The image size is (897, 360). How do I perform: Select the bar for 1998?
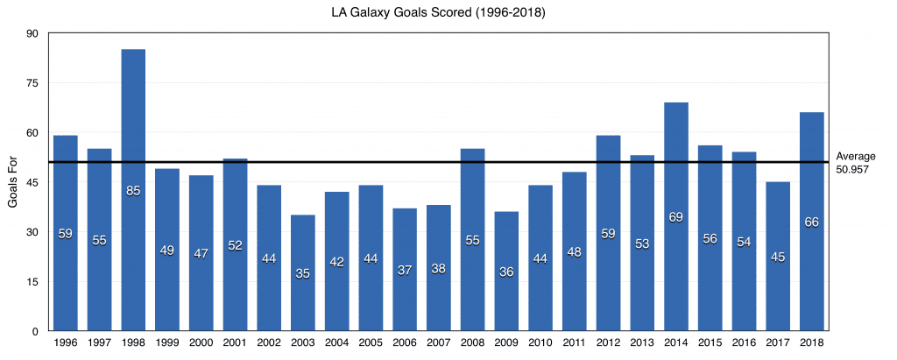click(x=133, y=190)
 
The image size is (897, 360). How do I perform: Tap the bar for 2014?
click(x=676, y=217)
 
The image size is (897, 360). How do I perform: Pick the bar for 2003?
click(x=302, y=273)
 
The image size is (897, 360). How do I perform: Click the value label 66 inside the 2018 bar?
click(x=812, y=222)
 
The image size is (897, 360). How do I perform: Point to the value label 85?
click(x=133, y=191)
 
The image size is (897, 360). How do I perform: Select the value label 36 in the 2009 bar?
click(x=506, y=272)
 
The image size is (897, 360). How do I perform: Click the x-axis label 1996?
click(x=65, y=342)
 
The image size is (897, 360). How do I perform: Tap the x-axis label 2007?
click(x=439, y=342)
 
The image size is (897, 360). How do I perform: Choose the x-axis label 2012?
click(x=608, y=342)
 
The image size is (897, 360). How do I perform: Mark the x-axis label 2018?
click(x=812, y=342)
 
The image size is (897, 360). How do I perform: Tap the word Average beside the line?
click(x=856, y=156)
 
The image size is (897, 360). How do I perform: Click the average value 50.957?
click(x=851, y=169)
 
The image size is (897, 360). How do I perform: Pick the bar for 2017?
click(x=778, y=257)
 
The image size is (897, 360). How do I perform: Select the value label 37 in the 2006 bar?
click(x=405, y=270)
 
